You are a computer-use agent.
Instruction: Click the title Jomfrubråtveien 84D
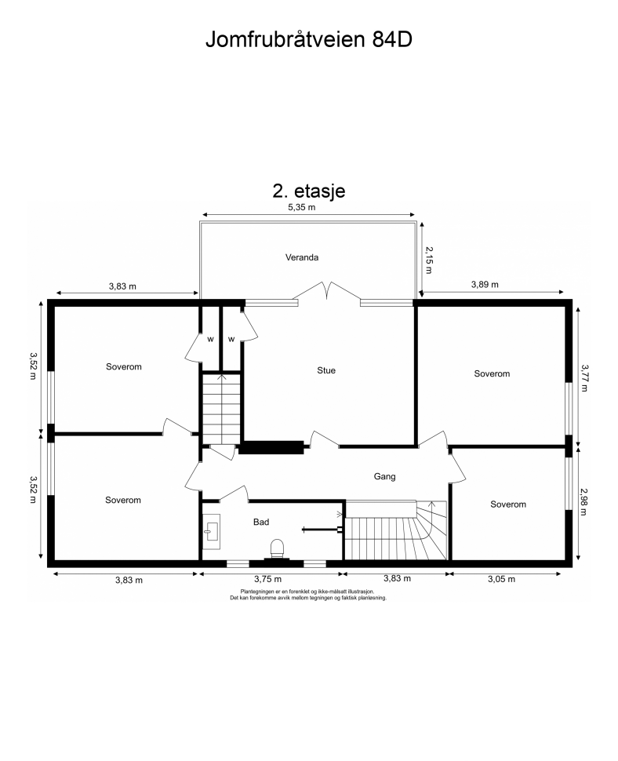coord(309,39)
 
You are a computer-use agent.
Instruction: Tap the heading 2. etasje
coord(309,191)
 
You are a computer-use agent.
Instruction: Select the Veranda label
coord(302,257)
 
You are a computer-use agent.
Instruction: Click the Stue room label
coord(326,370)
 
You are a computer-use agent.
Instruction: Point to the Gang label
coord(384,476)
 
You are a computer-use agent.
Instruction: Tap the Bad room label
coord(261,523)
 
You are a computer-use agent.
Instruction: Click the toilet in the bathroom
coord(277,549)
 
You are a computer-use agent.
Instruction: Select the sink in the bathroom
coord(211,531)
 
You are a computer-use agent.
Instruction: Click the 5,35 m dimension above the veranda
coord(302,207)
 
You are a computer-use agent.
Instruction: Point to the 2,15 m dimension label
coord(429,260)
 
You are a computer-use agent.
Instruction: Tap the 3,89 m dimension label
coord(485,285)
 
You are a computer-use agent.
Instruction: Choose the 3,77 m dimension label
coord(584,378)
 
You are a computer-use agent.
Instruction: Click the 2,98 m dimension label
coord(584,502)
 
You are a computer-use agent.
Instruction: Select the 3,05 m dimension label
coord(502,579)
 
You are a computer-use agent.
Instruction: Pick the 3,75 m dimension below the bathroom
coord(267,579)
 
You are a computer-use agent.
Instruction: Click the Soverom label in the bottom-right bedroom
coord(508,504)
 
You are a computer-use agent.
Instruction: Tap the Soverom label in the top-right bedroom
coord(492,373)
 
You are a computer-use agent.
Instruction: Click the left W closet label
coord(210,339)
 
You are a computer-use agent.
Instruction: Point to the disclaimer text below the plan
coord(308,595)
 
